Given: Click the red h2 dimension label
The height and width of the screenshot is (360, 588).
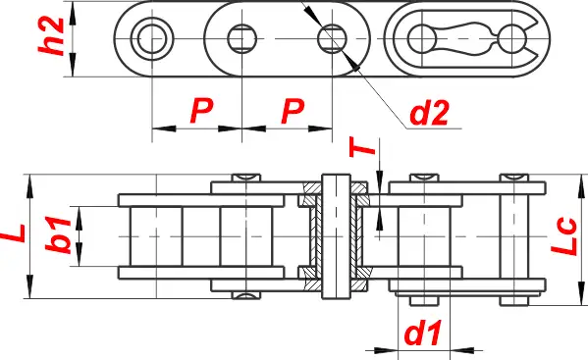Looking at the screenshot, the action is [51, 36].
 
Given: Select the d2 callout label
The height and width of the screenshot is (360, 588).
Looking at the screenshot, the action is [429, 113].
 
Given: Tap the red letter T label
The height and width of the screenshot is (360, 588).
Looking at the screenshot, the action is [362, 146].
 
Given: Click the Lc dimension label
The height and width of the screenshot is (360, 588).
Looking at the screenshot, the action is [563, 236].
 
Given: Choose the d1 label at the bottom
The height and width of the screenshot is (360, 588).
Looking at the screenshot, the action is [423, 334].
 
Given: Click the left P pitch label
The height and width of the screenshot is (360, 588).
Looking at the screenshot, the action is [201, 111].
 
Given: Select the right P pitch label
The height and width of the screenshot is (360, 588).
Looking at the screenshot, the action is [293, 111].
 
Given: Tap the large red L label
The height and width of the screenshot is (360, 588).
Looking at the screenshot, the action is [13, 233].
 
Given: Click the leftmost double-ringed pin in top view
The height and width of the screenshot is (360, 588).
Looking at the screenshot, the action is [152, 38].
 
